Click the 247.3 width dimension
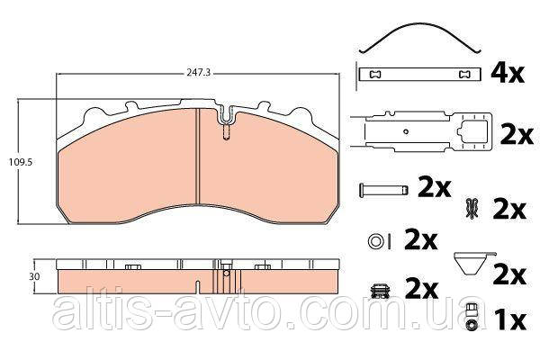tap(198, 73)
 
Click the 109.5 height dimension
tap(21, 162)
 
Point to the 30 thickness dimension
tap(34, 276)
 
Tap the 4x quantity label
tap(508, 73)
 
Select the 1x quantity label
tap(510, 320)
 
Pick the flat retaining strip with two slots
tap(419, 74)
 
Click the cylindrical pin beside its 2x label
tap(383, 190)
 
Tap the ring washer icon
tap(375, 241)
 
